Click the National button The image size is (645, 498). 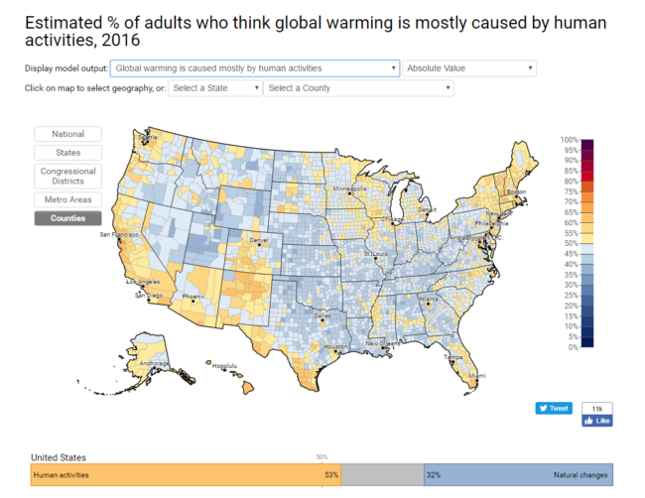pos(68,134)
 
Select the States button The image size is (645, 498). pos(68,153)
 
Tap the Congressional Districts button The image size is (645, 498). pos(68,177)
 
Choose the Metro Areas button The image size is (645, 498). pos(68,200)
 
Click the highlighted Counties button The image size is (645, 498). pos(68,218)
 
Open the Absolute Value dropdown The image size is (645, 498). pos(469,68)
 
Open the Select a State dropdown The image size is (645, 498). pos(214,88)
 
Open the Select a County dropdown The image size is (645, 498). pos(358,88)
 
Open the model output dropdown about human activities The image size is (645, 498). pos(254,68)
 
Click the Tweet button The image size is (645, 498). pos(554,408)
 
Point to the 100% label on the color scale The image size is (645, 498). pos(570,140)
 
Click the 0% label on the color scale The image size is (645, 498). pos(572,347)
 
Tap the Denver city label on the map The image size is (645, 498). pos(259,241)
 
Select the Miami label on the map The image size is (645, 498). pos(477,376)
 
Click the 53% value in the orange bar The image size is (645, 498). pos(330,476)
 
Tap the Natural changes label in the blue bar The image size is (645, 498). pos(582,476)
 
